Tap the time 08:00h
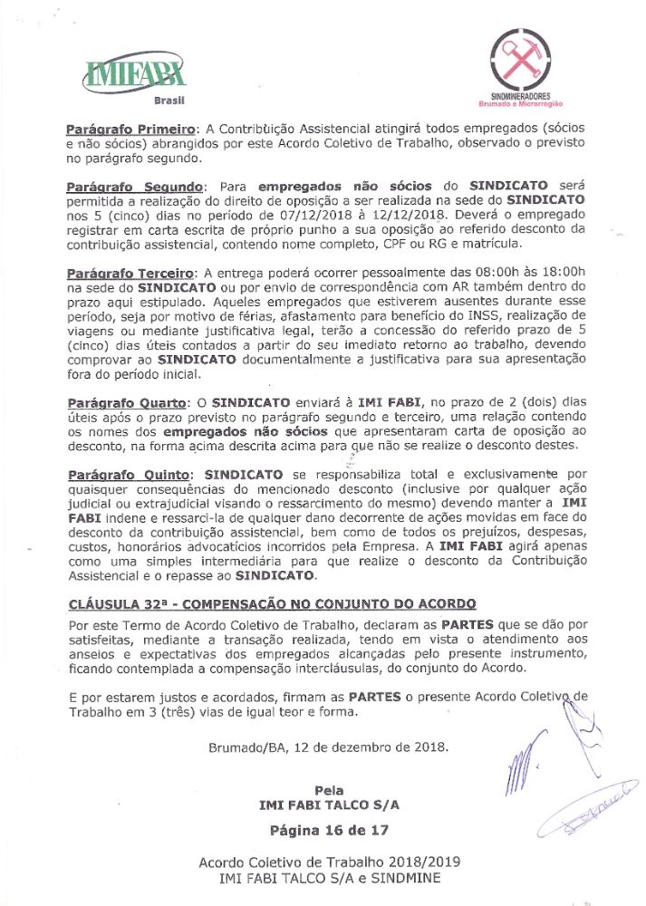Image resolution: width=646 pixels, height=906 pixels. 492,272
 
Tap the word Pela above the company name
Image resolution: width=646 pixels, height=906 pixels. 330,789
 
